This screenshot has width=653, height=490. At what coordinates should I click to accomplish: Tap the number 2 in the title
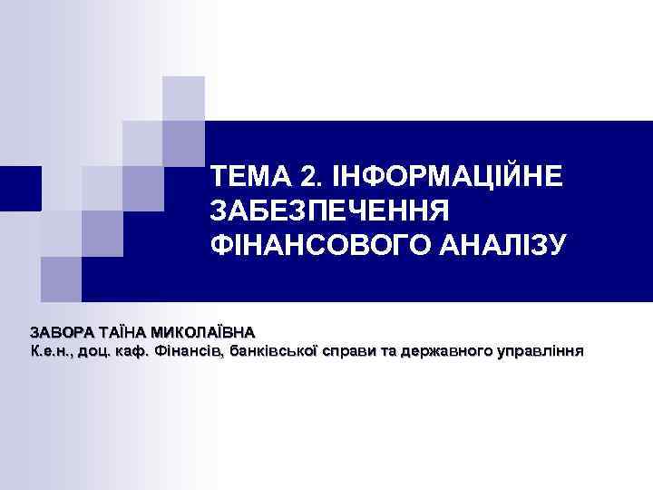coord(312,175)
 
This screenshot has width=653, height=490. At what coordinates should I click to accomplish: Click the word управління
coord(543,351)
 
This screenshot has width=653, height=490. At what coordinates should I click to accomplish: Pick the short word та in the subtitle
coord(387,351)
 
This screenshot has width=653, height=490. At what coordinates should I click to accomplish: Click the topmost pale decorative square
coord(183,97)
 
